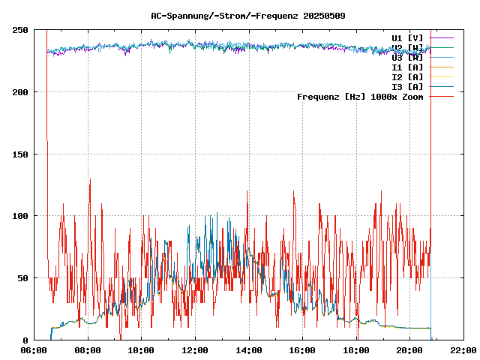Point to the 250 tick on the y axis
click(x=21, y=30)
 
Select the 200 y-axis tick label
click(x=21, y=92)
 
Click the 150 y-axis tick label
click(x=21, y=154)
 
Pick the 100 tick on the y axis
click(x=21, y=216)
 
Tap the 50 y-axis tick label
click(x=23, y=278)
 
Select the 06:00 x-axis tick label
click(x=34, y=350)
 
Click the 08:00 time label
click(x=88, y=350)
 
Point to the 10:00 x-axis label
click(x=142, y=350)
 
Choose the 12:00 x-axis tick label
click(x=195, y=350)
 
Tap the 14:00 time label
click(x=248, y=350)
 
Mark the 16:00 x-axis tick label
click(x=302, y=350)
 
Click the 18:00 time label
click(x=355, y=350)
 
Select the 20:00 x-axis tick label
click(x=409, y=350)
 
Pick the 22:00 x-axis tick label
click(x=463, y=350)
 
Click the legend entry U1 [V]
click(x=407, y=37)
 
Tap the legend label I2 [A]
click(x=407, y=76)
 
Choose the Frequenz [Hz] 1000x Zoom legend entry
click(x=360, y=96)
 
